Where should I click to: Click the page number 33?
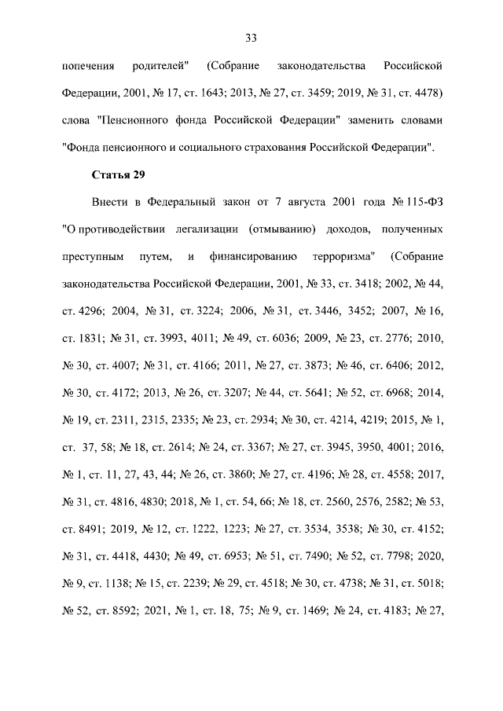(251, 38)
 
